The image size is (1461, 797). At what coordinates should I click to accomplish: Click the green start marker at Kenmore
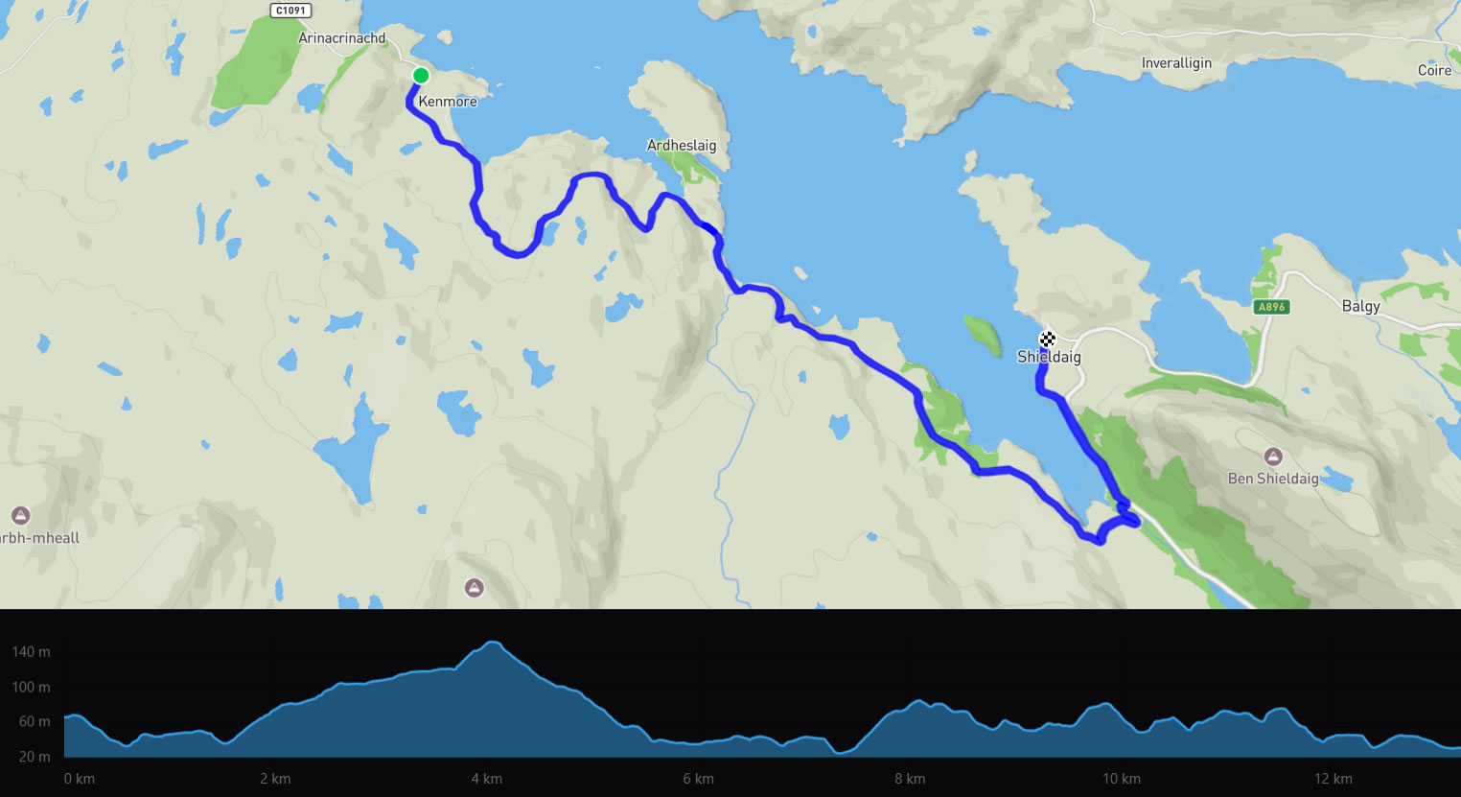[420, 76]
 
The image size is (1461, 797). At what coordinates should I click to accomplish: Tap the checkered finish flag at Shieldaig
[1047, 339]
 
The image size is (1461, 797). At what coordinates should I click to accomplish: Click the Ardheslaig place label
[682, 146]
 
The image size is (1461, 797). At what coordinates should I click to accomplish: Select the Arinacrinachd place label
[342, 38]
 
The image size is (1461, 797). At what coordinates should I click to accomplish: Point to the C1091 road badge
[290, 11]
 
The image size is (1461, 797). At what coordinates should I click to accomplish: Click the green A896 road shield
[1271, 307]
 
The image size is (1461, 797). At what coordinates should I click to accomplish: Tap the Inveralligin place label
[1176, 63]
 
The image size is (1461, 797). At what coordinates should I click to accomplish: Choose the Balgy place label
[1360, 306]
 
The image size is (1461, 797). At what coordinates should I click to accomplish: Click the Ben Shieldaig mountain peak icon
[1273, 457]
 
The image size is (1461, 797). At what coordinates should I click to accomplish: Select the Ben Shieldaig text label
[1273, 479]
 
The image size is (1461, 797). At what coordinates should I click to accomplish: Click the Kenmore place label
[448, 102]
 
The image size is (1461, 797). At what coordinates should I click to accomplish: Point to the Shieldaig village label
[1049, 357]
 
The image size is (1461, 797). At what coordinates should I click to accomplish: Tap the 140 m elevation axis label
[31, 652]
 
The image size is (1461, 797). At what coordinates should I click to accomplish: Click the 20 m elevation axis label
[35, 757]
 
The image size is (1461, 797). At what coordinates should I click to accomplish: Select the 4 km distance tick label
[487, 779]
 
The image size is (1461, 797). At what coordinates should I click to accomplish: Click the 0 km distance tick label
[80, 779]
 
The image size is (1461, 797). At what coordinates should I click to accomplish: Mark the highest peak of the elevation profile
[492, 643]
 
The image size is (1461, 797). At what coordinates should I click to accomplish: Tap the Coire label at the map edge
[1435, 70]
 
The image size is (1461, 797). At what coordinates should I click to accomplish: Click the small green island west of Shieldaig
[982, 335]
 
